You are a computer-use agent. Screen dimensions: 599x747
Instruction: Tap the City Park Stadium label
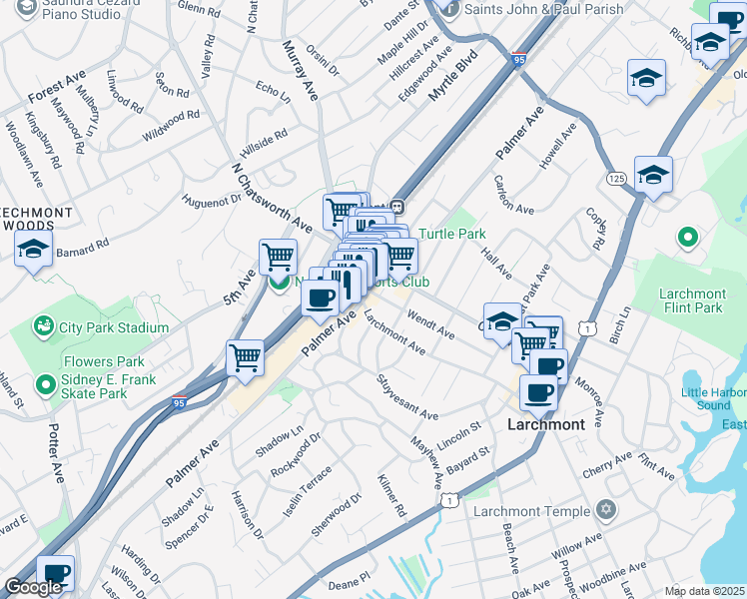coord(114,327)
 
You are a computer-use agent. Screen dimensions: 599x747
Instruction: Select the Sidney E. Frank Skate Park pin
coord(44,384)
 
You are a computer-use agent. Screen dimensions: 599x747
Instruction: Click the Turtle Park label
coord(451,234)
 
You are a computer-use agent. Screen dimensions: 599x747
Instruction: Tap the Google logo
coord(33,587)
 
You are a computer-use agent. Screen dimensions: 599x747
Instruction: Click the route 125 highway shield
coord(615,177)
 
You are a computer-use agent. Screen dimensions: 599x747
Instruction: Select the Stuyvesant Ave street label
coord(407,396)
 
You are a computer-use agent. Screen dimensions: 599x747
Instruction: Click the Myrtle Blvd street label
coord(454,76)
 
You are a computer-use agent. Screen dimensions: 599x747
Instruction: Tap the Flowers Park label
coord(104,361)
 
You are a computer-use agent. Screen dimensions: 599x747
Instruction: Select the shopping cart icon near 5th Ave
coord(278,256)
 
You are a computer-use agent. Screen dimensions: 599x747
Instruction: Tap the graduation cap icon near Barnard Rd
coord(34,251)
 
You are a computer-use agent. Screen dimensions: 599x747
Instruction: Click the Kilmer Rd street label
coord(391,495)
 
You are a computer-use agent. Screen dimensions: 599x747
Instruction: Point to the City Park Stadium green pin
coord(43,326)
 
